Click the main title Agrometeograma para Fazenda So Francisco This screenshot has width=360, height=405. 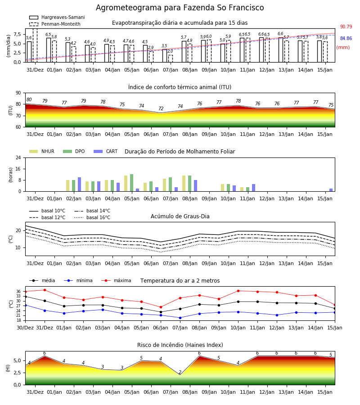[180, 8]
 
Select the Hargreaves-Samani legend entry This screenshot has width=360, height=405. [57, 17]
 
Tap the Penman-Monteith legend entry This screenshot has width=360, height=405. [55, 24]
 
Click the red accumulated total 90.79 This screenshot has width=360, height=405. [346, 27]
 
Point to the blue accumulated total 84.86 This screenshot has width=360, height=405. [346, 38]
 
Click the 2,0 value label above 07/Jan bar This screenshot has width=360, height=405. [170, 51]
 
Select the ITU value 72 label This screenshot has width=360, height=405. [161, 108]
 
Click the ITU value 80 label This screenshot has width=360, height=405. [29, 99]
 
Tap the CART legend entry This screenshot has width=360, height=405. [106, 151]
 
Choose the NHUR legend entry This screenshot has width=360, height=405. [42, 151]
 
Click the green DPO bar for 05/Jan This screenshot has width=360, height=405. [132, 183]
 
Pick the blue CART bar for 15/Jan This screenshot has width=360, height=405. [331, 190]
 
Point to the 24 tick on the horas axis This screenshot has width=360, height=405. [18, 157]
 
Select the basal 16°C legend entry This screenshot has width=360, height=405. [92, 217]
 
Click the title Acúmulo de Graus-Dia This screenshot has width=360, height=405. [180, 216]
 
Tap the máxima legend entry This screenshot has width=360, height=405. [116, 280]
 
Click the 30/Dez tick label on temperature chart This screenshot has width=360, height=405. [25, 328]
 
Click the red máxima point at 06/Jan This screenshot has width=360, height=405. [161, 307]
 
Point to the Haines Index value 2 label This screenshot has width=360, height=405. [180, 372]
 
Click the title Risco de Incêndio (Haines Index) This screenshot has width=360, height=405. [180, 345]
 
